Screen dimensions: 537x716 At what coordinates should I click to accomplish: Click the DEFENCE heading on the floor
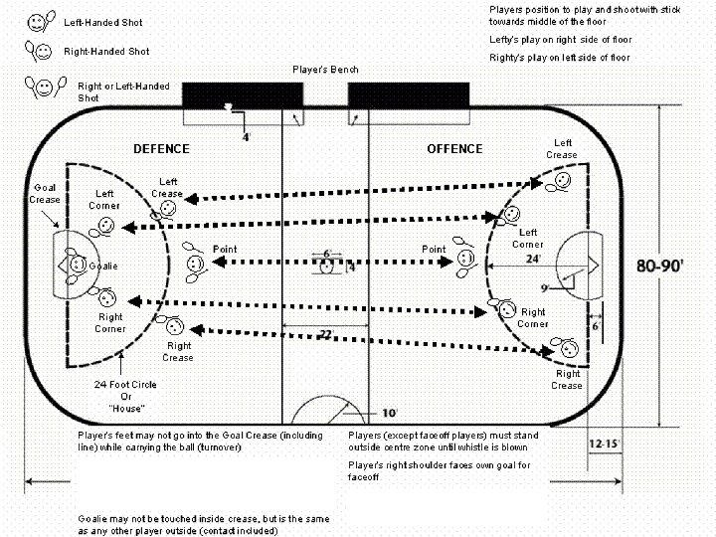[x=161, y=149]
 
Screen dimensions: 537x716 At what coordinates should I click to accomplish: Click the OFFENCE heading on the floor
[x=454, y=149]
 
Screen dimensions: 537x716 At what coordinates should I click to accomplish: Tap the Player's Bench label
[x=325, y=70]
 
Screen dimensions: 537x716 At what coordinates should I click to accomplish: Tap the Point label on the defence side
[x=225, y=249]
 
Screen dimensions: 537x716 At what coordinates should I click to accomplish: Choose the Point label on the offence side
[x=434, y=249]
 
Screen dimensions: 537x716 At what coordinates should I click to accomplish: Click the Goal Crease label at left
[x=45, y=193]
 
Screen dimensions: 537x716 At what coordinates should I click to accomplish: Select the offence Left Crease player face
[x=561, y=180]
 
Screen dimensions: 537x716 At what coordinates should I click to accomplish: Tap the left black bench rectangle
[x=243, y=95]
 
